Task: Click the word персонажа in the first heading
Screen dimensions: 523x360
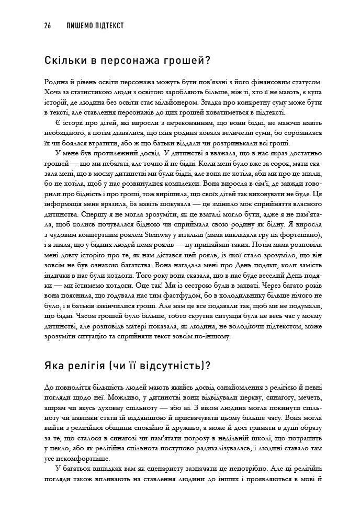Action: (x=119, y=61)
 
